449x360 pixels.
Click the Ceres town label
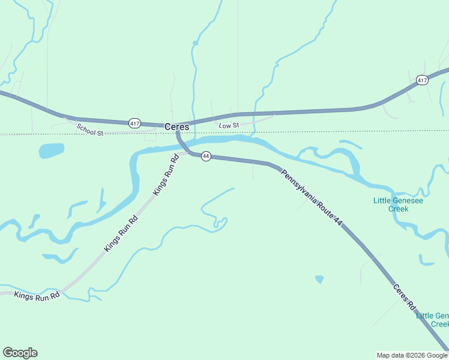pos(176,127)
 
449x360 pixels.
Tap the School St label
pos(90,129)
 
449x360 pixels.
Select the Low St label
pos(229,125)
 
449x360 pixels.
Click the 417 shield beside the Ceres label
pos(134,123)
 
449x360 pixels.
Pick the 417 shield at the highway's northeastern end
pos(422,80)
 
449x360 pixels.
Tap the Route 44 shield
pos(206,156)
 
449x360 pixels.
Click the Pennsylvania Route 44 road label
pos(312,197)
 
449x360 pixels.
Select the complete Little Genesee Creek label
pos(398,205)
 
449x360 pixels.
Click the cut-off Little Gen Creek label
pos(432,320)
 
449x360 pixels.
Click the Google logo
pos(20,353)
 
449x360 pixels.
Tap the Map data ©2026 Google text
pos(412,355)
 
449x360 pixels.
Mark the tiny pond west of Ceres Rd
pos(319,279)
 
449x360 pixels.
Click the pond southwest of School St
pos(52,150)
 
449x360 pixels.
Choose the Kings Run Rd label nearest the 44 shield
pos(166,175)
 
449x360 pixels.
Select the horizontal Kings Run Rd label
pos(37,295)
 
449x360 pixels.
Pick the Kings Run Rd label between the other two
pos(121,233)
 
